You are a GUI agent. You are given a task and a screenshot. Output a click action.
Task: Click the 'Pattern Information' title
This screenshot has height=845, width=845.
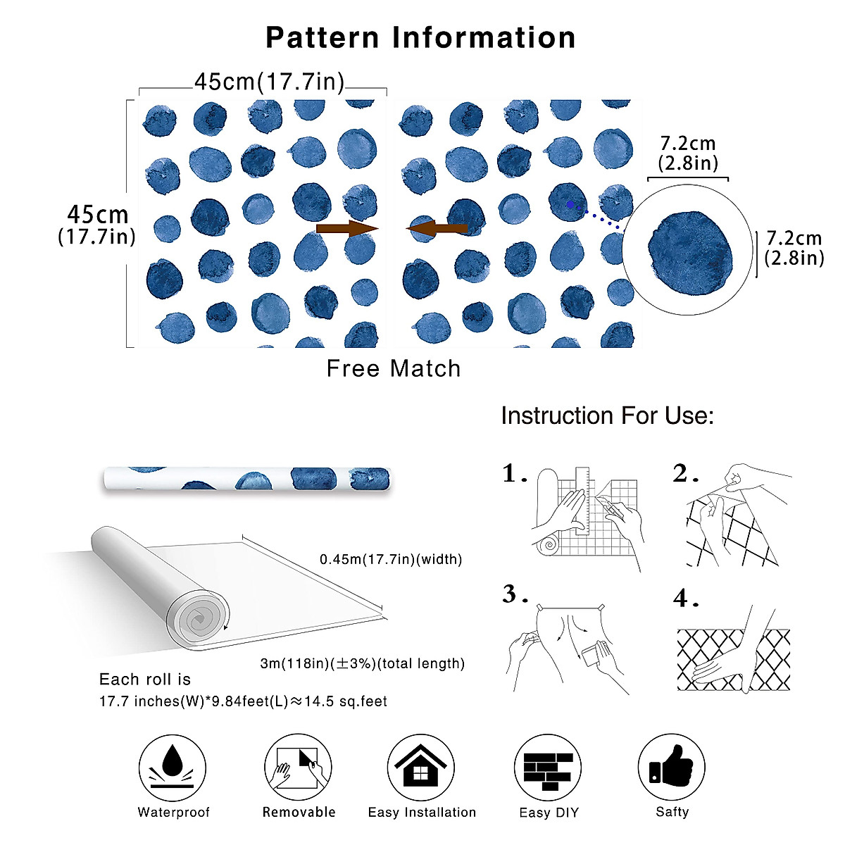pyautogui.click(x=420, y=37)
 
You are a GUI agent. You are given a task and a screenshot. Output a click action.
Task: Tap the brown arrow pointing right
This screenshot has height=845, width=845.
pyautogui.click(x=347, y=229)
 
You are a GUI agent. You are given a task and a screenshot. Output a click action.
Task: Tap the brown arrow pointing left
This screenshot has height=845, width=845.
pyautogui.click(x=437, y=228)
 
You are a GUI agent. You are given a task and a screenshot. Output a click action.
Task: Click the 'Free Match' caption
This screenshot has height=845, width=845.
pyautogui.click(x=394, y=368)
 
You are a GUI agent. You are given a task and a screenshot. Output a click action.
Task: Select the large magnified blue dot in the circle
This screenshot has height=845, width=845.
pyautogui.click(x=691, y=249)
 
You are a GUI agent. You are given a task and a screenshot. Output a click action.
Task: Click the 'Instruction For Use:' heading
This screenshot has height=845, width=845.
pyautogui.click(x=607, y=415)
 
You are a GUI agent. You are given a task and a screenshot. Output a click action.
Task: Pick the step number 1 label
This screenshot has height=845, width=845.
pyautogui.click(x=514, y=474)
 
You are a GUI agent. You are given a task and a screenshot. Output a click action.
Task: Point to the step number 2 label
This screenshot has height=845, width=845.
pyautogui.click(x=684, y=474)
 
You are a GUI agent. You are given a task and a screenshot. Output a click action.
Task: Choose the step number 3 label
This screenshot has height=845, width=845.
pyautogui.click(x=514, y=595)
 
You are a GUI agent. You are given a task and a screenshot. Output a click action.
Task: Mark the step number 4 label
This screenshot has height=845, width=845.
pyautogui.click(x=684, y=598)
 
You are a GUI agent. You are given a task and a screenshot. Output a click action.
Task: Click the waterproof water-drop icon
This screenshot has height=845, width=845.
pyautogui.click(x=173, y=767)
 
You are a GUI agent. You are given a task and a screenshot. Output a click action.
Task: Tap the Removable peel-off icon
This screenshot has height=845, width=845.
pyautogui.click(x=299, y=767)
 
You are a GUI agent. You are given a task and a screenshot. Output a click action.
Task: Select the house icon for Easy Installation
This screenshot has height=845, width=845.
pyautogui.click(x=420, y=767)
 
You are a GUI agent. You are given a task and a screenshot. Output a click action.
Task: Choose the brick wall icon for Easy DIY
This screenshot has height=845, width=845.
pyautogui.click(x=549, y=768)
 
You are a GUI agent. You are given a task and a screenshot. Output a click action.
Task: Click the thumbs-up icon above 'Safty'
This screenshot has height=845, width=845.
pyautogui.click(x=671, y=765)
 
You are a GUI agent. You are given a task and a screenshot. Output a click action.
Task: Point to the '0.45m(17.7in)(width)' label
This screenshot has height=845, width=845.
pyautogui.click(x=391, y=560)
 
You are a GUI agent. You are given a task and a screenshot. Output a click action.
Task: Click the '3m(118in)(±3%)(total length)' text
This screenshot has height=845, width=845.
pyautogui.click(x=363, y=663)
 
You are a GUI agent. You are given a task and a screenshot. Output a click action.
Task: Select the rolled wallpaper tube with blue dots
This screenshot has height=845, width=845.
pyautogui.click(x=246, y=480)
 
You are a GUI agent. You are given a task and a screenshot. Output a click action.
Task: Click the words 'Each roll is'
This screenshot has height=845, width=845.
pyautogui.click(x=145, y=680)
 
